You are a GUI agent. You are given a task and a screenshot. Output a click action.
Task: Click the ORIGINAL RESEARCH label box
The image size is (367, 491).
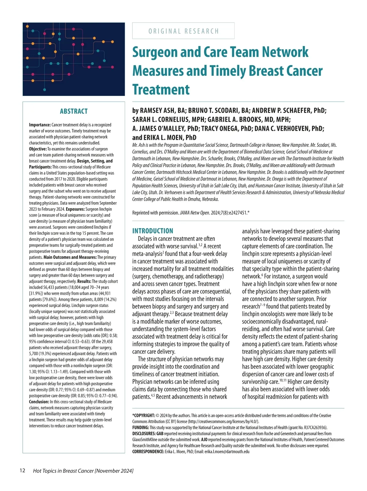[x=183, y=31]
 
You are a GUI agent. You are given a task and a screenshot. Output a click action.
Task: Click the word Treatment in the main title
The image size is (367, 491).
[x=161, y=90]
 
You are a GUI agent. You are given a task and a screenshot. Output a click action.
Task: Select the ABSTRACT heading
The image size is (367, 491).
[x=74, y=111]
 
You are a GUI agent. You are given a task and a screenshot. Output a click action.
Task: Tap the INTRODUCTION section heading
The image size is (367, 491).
[x=153, y=231]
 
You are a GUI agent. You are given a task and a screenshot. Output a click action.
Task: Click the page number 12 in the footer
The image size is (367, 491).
[x=22, y=471]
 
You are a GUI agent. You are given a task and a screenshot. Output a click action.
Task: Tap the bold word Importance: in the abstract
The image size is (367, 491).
[x=40, y=125]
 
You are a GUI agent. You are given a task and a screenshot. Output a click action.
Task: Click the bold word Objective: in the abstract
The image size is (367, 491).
[x=38, y=149]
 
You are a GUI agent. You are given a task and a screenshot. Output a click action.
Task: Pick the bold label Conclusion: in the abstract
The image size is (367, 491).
[x=39, y=402]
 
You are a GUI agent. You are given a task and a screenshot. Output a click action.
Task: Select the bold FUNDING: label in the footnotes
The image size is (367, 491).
[x=141, y=427]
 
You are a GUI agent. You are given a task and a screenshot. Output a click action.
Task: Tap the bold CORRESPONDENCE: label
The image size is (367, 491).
[x=148, y=452]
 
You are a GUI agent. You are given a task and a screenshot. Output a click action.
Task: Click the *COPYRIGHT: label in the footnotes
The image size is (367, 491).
[x=143, y=415]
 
